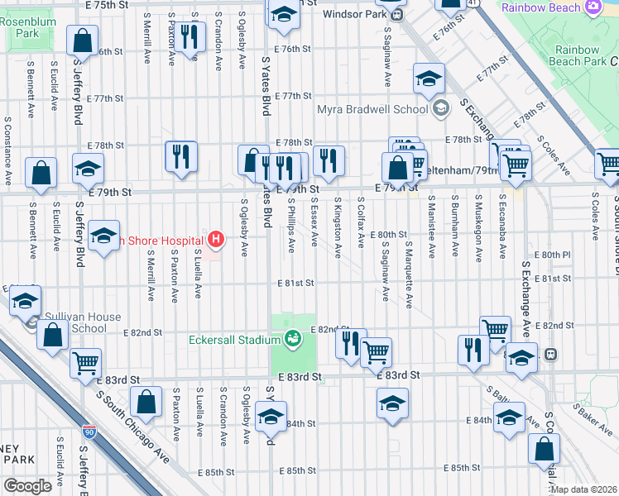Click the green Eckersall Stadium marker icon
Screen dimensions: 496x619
point(292,338)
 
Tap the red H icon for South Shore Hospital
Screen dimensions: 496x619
point(216,241)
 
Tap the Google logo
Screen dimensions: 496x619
point(27,486)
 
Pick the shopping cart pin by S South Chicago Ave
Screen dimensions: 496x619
point(85,362)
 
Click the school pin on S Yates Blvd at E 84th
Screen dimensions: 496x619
point(271,417)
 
